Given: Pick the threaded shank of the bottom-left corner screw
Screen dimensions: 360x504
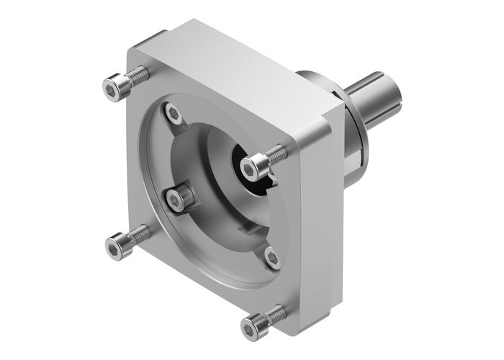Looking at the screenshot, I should coord(139,232).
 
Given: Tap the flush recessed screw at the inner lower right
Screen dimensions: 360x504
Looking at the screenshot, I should coord(271,255).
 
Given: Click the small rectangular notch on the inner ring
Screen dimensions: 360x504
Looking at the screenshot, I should coord(246,230).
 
